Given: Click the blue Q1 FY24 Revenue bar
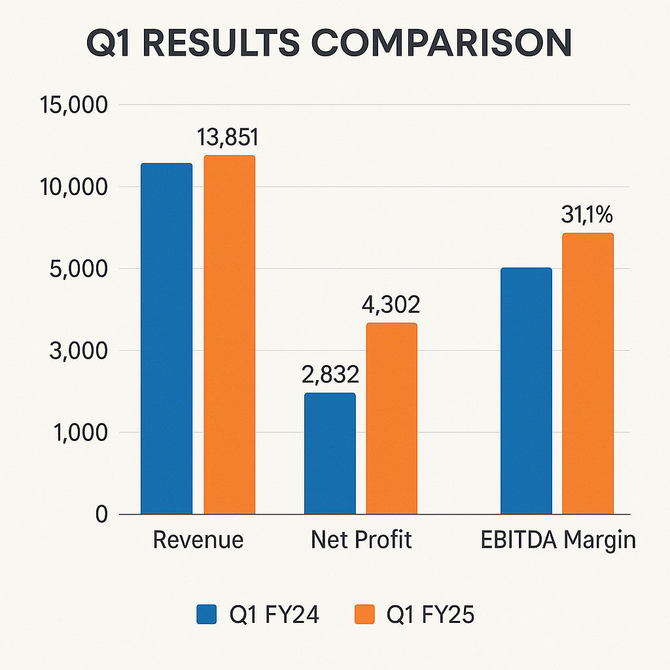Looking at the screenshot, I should [167, 338].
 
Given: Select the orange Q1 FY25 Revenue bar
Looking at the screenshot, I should [229, 334].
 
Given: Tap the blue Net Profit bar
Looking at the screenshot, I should [330, 453].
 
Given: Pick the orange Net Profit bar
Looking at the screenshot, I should [391, 418].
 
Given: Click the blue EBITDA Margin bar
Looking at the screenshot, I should [526, 391].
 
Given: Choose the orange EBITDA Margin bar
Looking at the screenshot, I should [588, 373].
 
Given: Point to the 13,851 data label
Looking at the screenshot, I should [228, 137].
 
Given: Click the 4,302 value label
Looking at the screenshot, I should [389, 305].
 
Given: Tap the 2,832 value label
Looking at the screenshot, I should [330, 375].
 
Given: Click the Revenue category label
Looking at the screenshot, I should [198, 540].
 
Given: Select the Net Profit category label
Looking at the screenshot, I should [361, 540].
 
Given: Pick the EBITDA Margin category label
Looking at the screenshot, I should [558, 540].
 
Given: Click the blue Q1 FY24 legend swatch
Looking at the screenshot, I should [206, 615].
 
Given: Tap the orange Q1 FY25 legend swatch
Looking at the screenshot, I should [364, 615].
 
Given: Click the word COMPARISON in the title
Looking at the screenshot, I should [437, 44].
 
